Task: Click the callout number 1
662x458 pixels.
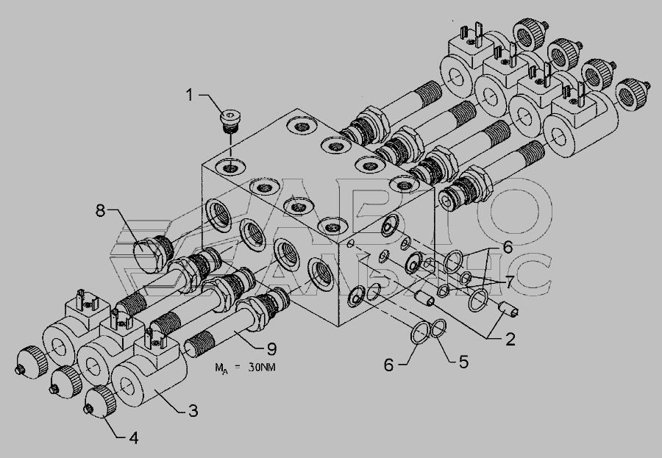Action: tap(190, 95)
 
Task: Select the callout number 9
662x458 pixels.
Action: tap(271, 349)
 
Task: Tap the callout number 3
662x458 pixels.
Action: tap(193, 411)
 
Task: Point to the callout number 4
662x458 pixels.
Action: tap(133, 438)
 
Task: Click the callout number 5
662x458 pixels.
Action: tap(463, 362)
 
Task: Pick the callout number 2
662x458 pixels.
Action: tap(510, 339)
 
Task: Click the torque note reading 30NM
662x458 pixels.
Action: tap(261, 368)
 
